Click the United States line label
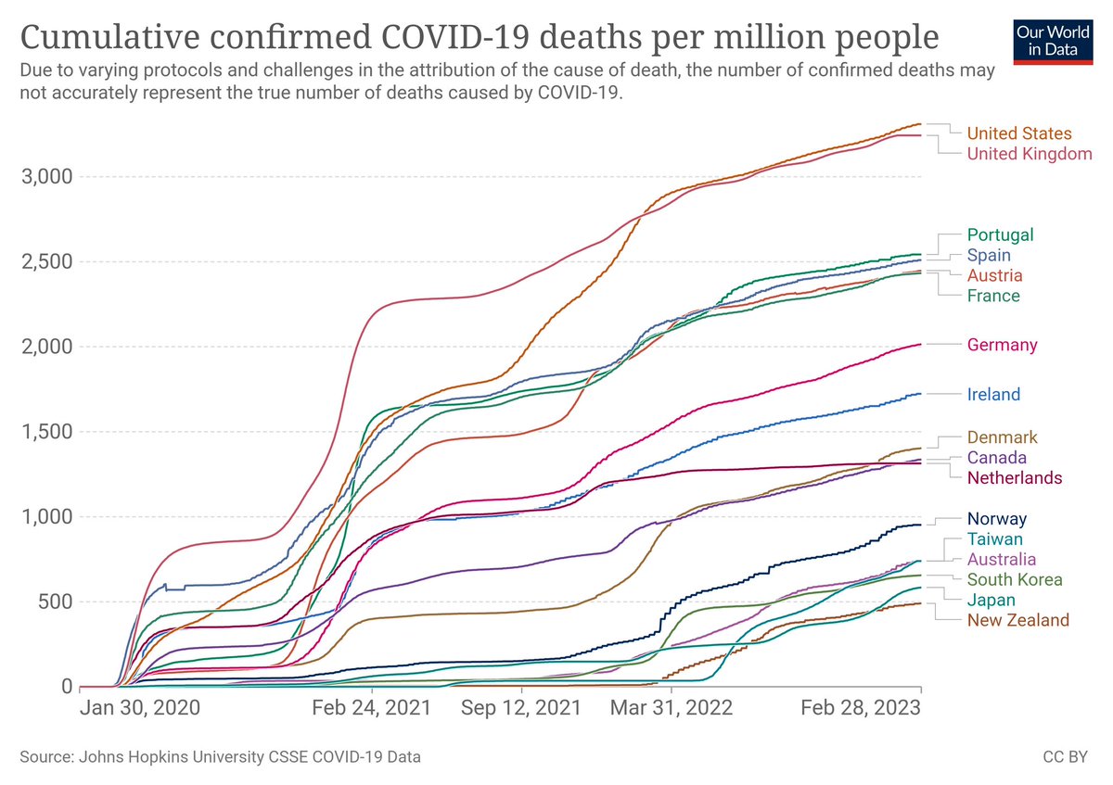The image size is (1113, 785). click(x=1018, y=133)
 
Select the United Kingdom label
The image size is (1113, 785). click(x=1030, y=154)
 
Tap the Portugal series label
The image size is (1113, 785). click(x=1000, y=235)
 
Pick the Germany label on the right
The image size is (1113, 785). click(x=1002, y=345)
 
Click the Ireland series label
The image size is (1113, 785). click(x=993, y=395)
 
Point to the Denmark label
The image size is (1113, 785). click(x=1002, y=437)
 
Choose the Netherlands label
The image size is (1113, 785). click(x=1014, y=478)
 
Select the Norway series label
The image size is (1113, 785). click(x=996, y=519)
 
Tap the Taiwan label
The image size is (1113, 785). click(x=994, y=539)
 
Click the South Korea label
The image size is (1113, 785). click(x=1013, y=580)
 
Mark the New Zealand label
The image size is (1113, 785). click(x=1017, y=620)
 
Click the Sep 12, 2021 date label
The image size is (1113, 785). click(x=521, y=710)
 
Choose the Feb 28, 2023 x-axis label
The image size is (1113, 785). click(x=862, y=710)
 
